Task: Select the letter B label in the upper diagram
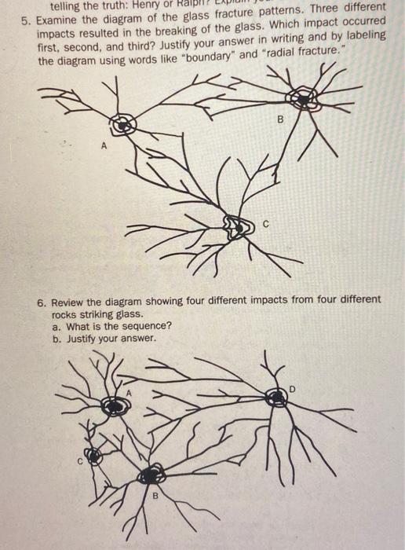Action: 280,120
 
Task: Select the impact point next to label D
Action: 276,398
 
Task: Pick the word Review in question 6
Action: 71,300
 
